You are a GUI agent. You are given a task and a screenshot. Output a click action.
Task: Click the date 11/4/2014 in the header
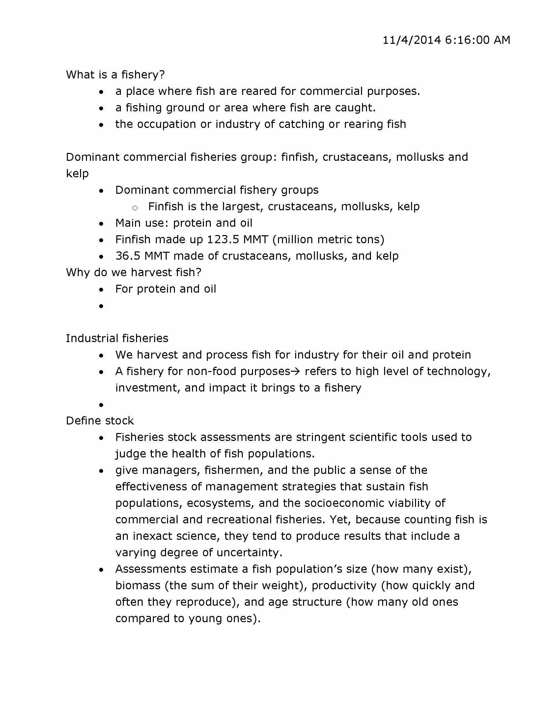[x=412, y=40]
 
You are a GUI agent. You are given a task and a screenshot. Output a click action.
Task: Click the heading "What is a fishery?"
[x=115, y=75]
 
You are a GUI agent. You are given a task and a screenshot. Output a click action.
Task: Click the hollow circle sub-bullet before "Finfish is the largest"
[x=135, y=208]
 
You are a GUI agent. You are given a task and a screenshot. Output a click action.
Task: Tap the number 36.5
[x=128, y=256]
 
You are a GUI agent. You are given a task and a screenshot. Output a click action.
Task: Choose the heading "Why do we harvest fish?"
[x=133, y=273]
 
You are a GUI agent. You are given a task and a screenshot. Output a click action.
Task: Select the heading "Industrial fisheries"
[x=117, y=338]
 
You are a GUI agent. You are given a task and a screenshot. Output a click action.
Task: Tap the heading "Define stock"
[x=99, y=421]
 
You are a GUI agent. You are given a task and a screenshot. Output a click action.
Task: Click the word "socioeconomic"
[x=344, y=503]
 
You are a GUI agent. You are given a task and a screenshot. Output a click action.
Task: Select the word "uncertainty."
[x=249, y=553]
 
